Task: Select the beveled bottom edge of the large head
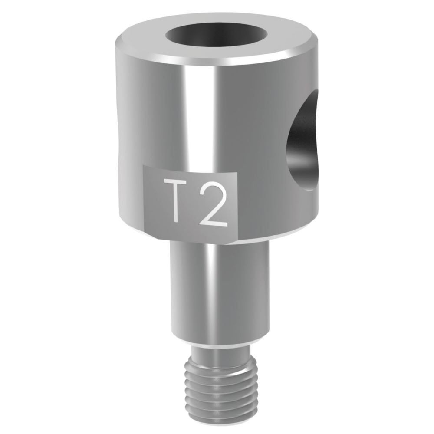217,237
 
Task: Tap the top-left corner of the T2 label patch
145,167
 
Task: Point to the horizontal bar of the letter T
173,182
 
